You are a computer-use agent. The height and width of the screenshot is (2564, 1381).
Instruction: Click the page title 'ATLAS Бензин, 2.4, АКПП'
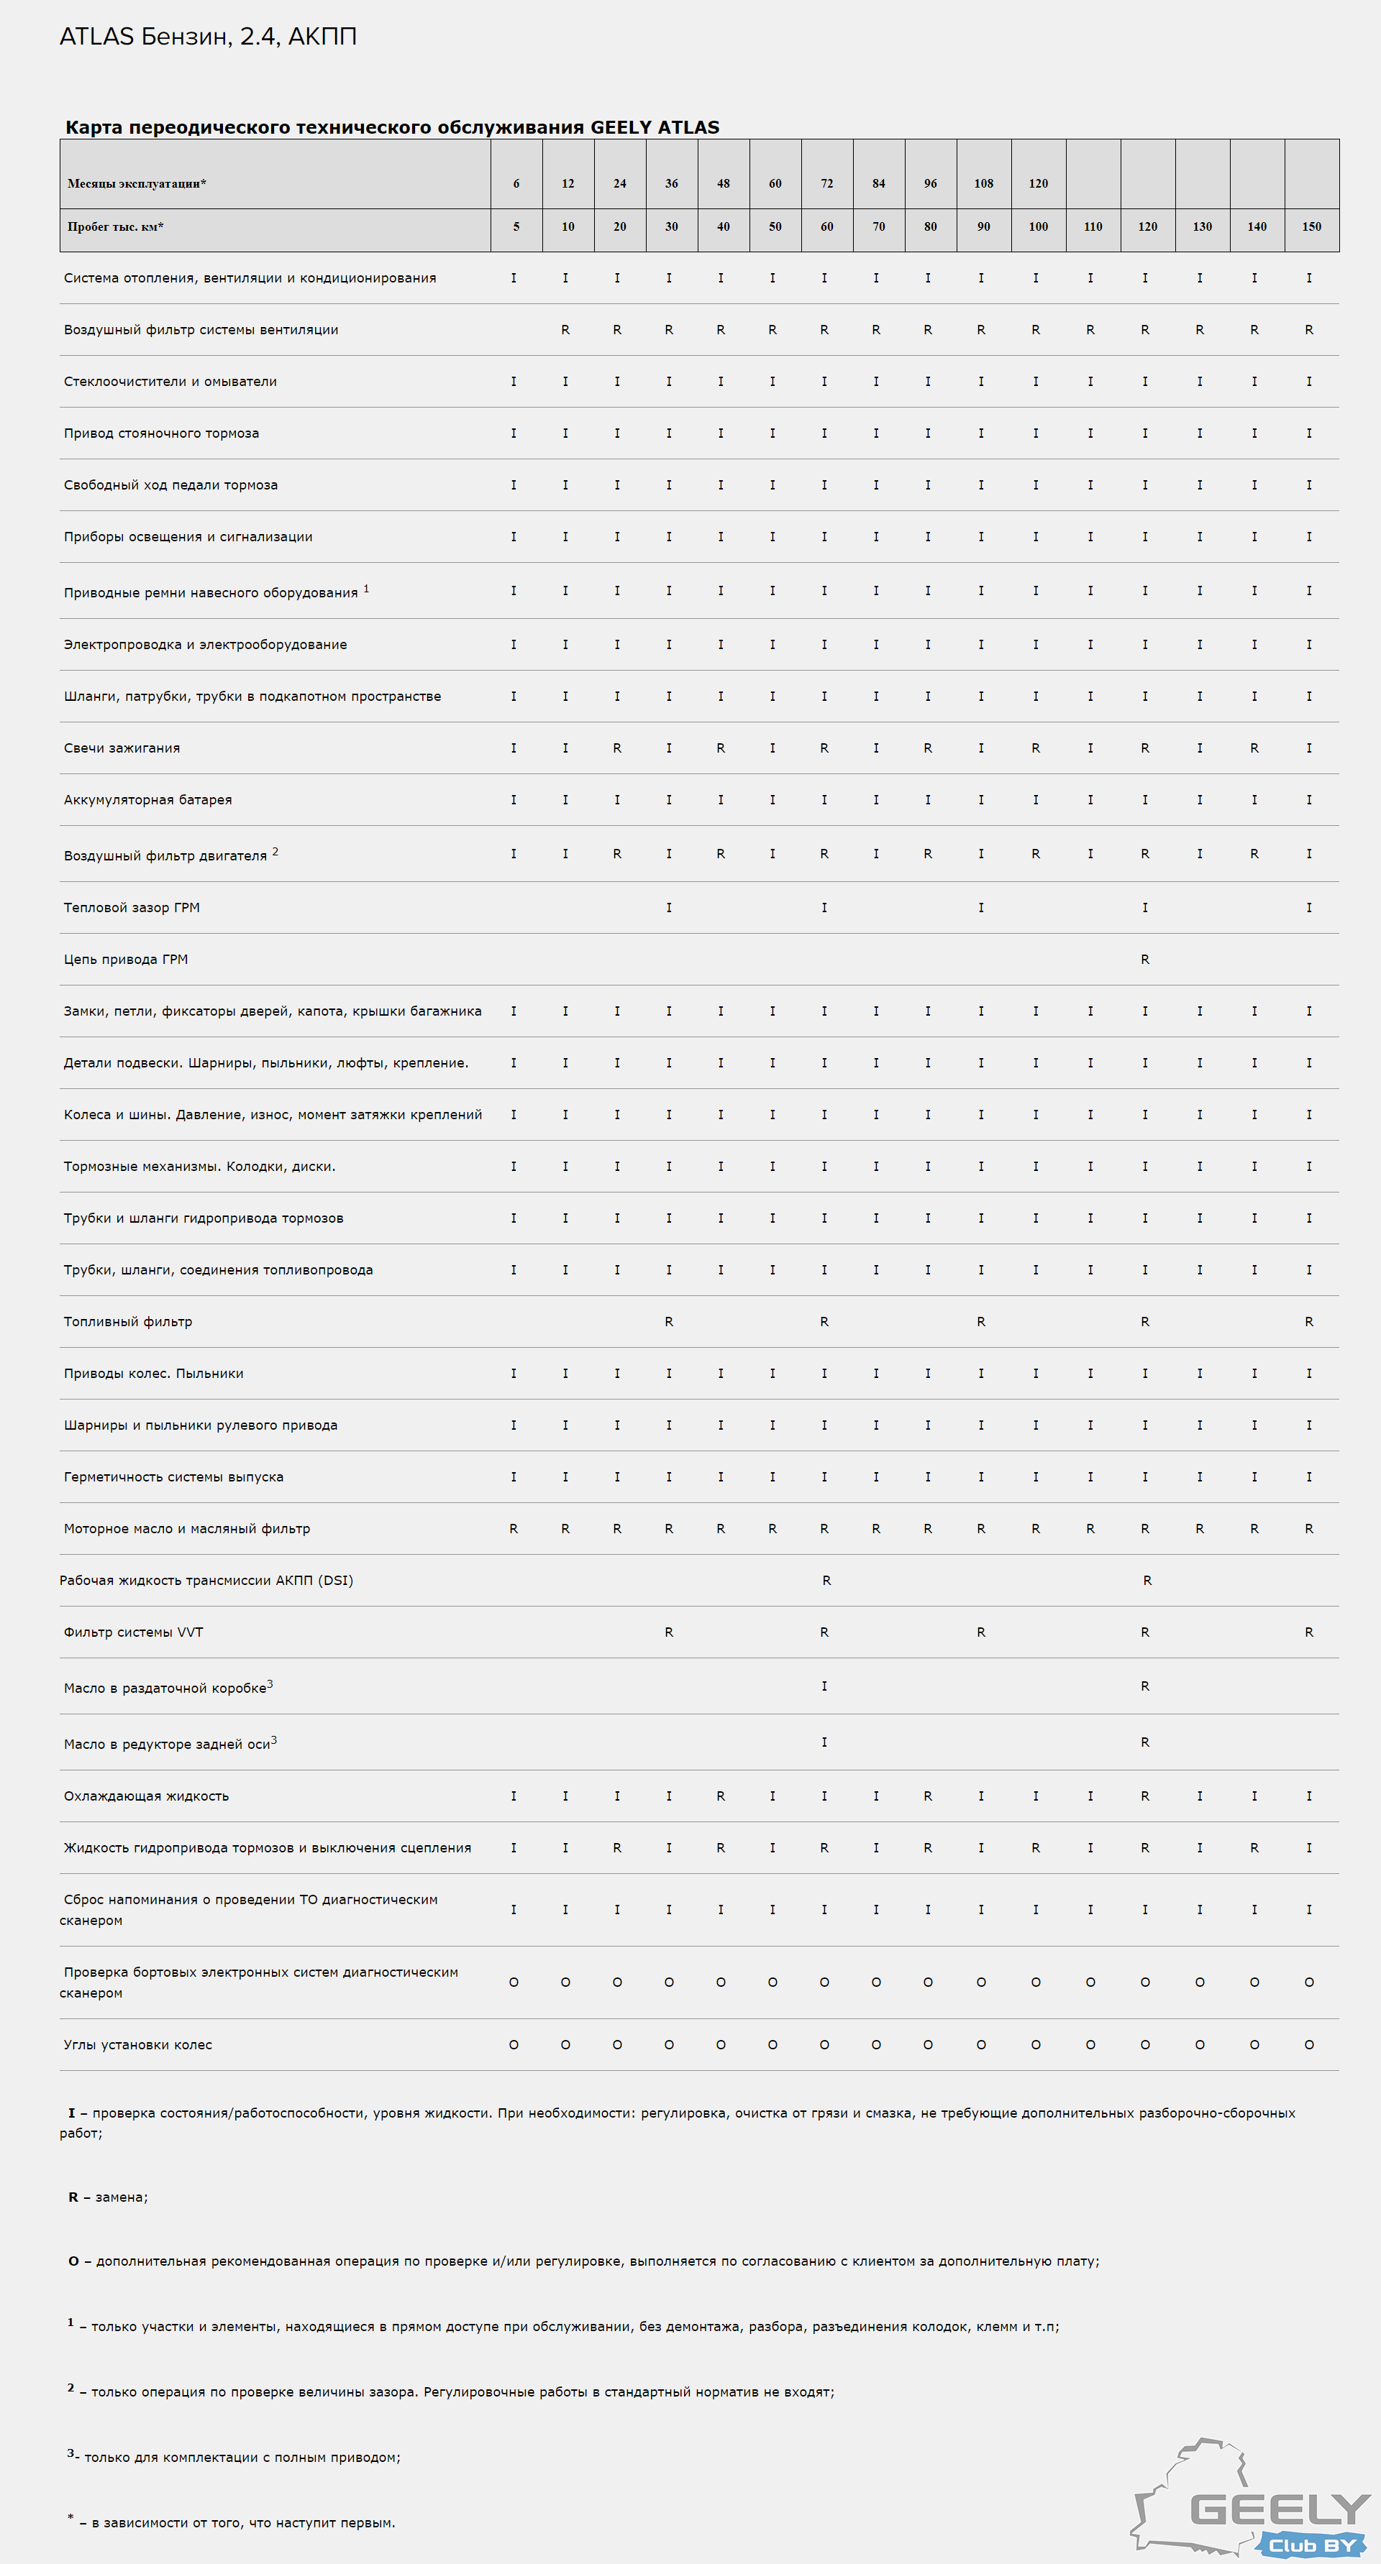208,37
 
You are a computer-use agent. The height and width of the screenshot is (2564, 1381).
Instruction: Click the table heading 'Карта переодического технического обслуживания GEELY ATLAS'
391,127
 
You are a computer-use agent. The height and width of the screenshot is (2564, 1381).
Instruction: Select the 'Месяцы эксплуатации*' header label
137,184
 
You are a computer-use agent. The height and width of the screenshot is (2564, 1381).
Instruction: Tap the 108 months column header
984,184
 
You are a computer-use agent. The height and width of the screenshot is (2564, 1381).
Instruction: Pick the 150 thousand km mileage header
1311,227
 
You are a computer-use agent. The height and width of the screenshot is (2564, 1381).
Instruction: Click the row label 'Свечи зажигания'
122,748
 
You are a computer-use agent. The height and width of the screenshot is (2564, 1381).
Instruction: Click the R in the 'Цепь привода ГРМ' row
1145,960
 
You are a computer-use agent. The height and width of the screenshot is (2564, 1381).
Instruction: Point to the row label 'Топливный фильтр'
127,1322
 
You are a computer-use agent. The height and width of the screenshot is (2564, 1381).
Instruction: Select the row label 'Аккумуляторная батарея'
147,800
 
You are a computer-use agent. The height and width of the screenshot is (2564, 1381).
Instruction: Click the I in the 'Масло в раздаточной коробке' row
824,1686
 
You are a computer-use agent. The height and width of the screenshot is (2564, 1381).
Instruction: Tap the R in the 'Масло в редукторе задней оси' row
1145,1742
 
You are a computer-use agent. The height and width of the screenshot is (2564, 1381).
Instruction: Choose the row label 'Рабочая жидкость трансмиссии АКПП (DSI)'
206,1581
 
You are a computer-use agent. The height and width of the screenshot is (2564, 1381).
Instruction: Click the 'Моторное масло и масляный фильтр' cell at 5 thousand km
514,1529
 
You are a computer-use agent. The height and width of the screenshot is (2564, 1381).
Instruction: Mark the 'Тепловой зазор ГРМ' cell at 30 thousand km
669,908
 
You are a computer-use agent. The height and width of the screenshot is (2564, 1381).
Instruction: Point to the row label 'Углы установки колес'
137,2044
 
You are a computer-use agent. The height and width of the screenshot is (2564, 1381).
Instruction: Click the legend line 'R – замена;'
108,2197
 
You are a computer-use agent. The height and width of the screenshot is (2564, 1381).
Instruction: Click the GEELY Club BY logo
1252,2499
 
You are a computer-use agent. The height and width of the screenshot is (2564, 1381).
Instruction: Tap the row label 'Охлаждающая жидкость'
145,1796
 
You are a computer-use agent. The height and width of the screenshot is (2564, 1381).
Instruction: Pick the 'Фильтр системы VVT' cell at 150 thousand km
1309,1632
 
